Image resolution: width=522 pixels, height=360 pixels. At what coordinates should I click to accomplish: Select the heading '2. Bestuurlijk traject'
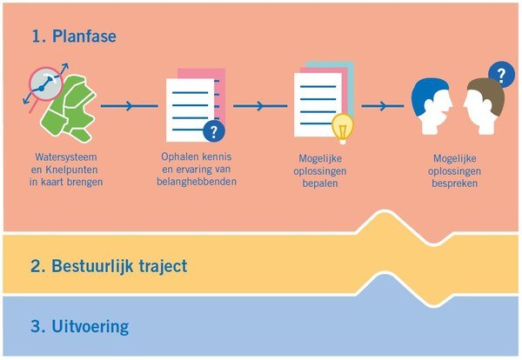[108, 264]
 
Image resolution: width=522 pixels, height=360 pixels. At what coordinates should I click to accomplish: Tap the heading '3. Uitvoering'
[79, 327]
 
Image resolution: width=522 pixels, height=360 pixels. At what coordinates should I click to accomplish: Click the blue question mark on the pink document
[211, 131]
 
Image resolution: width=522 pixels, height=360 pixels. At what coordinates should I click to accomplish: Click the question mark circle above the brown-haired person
[499, 72]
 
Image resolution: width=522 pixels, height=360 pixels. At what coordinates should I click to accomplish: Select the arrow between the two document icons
[260, 106]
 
